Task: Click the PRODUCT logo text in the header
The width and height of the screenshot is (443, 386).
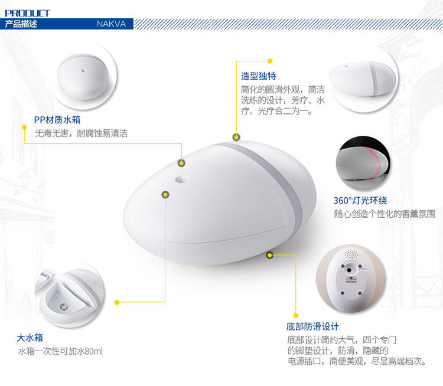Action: (27, 13)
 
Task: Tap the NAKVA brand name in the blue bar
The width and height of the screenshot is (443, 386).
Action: (111, 24)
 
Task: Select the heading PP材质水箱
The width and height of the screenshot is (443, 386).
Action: (57, 120)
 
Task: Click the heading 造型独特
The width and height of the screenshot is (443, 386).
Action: (259, 76)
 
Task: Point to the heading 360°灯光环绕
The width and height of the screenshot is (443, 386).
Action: (360, 201)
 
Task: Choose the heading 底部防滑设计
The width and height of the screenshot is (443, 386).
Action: (312, 327)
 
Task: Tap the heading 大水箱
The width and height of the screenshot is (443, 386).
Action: (30, 338)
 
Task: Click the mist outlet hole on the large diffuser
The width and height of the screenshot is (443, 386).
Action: (182, 179)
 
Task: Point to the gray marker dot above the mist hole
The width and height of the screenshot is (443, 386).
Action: (181, 163)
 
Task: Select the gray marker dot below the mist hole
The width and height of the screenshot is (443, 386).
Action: (165, 195)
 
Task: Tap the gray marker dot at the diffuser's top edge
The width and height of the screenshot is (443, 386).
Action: (236, 138)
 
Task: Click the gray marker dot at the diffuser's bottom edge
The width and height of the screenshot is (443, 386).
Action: (270, 255)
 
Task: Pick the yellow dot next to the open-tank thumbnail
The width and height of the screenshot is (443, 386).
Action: (117, 302)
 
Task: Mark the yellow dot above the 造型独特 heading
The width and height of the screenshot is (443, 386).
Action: (270, 61)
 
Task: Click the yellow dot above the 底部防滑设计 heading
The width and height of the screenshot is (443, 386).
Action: (296, 315)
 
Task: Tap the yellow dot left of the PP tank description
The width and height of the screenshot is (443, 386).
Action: (25, 127)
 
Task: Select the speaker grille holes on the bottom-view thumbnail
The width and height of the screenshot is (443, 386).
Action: (351, 254)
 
